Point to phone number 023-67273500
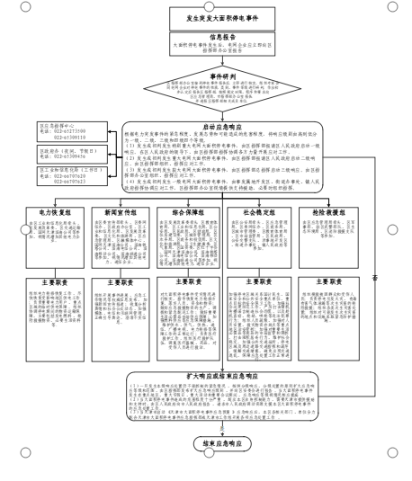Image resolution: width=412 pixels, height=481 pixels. [67, 131]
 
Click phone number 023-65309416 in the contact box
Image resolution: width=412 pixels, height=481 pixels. [67, 156]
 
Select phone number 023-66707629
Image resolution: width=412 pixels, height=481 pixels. [67, 176]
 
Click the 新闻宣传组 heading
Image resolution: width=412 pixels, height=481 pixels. [119, 213]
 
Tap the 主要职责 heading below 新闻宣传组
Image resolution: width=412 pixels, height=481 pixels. [119, 282]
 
